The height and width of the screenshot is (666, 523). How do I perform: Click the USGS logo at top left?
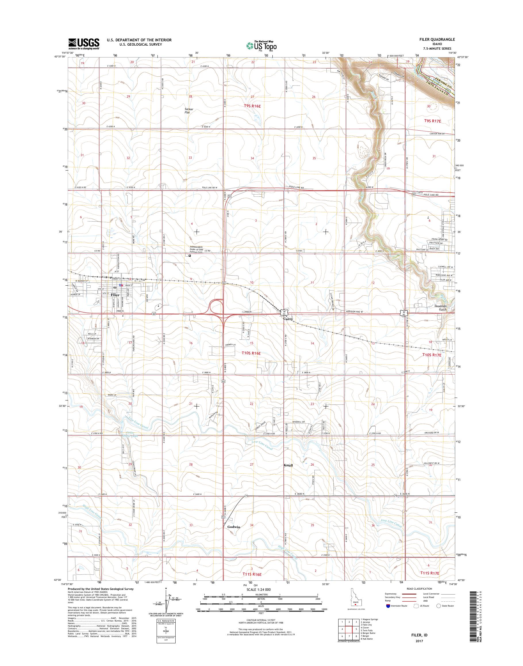84,44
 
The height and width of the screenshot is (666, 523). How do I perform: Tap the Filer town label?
115,295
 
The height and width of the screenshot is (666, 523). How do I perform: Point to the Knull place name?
288,474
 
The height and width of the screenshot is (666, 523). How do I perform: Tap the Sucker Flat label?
189,111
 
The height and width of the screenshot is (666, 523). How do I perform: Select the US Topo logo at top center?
261,46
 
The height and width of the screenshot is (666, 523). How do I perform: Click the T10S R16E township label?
252,353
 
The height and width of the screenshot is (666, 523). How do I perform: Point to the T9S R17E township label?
432,121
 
